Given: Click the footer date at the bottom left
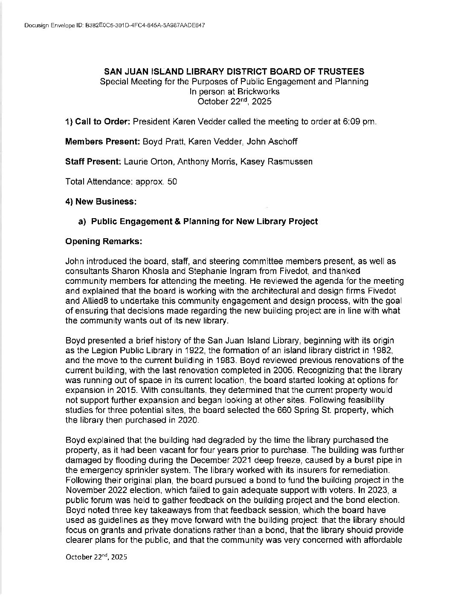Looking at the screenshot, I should [96, 557].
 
